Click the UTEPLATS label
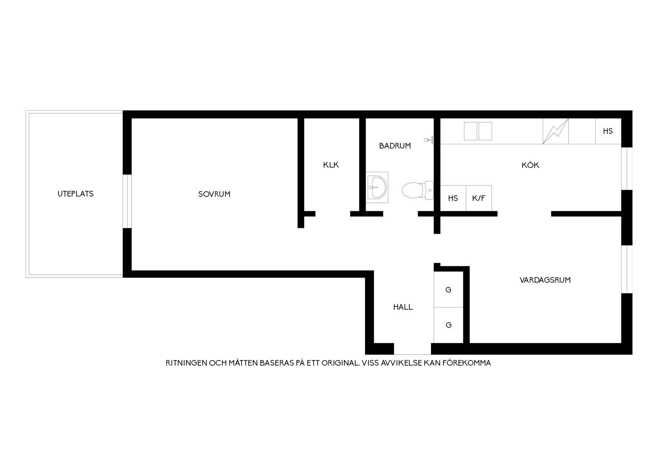click(75, 194)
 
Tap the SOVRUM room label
click(214, 194)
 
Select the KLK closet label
click(331, 165)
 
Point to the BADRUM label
click(395, 146)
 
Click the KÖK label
click(530, 165)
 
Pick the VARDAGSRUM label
click(545, 280)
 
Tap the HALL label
click(403, 307)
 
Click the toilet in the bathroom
click(418, 190)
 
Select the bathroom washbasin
click(377, 187)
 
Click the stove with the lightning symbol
click(556, 131)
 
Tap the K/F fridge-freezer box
click(479, 198)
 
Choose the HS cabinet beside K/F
click(453, 198)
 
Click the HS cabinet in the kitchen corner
click(608, 131)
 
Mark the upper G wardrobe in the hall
click(448, 289)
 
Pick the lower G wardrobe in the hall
click(448, 325)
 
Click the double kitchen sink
click(478, 131)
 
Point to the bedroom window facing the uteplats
click(128, 201)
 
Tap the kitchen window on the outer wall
click(627, 168)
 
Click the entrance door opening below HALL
click(412, 349)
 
